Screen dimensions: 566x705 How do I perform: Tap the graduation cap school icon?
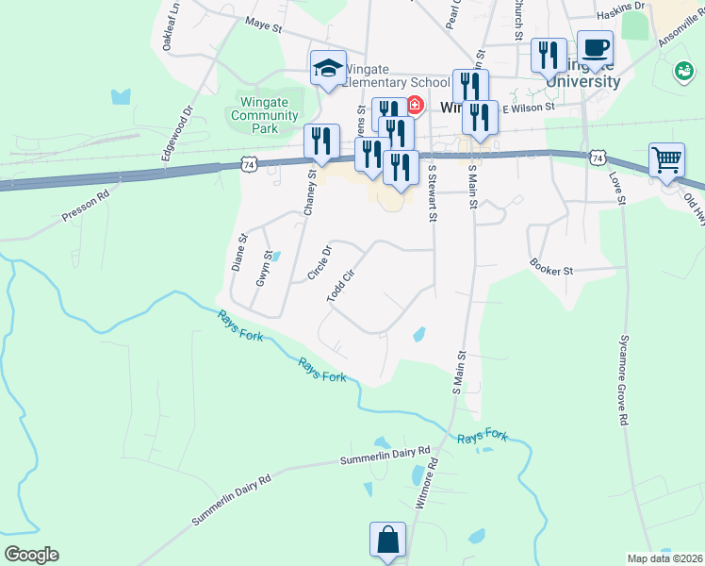[x=327, y=69]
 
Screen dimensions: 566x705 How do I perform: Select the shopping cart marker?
[x=666, y=160]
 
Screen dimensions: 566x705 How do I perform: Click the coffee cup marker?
[x=594, y=47]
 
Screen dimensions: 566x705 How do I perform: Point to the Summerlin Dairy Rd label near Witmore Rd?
[x=385, y=458]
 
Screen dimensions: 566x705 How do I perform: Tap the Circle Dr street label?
[x=320, y=263]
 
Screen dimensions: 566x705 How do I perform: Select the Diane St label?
[x=238, y=253]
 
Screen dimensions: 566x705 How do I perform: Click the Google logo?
[x=31, y=555]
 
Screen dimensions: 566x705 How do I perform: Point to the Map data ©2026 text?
[x=664, y=558]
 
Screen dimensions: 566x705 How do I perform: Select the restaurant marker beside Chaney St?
[x=321, y=141]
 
